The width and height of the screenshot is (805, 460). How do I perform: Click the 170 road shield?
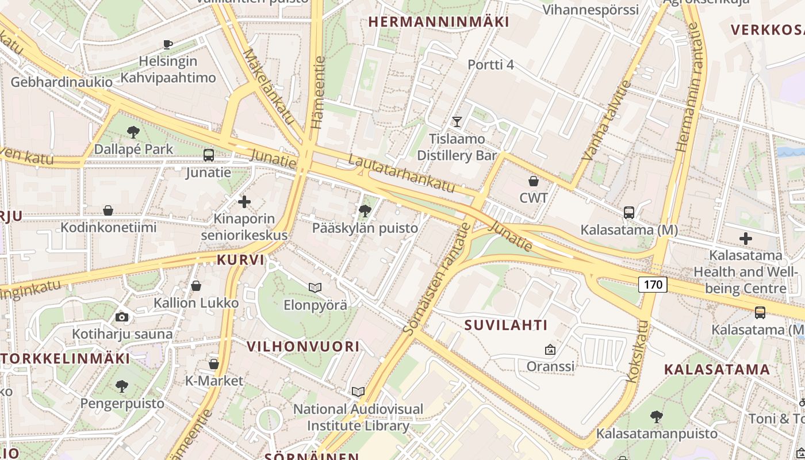653,284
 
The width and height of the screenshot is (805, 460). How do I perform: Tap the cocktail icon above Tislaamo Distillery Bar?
457,121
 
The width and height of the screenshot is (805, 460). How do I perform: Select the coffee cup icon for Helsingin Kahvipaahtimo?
168,44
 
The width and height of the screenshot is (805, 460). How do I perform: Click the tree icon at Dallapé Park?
133,132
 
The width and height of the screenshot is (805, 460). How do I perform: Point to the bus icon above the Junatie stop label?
209,155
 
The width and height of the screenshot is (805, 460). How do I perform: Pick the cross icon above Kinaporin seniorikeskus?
244,202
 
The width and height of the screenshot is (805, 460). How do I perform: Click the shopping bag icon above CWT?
534,181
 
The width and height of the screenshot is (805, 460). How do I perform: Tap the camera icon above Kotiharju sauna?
121,317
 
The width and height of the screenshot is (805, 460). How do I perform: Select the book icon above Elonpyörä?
315,287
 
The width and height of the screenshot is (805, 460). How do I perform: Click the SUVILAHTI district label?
506,325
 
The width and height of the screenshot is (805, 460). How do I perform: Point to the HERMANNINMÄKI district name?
439,22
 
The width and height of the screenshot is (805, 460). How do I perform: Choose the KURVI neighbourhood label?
240,260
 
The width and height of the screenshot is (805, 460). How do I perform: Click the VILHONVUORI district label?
303,346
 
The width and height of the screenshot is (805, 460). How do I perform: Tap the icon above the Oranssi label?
550,349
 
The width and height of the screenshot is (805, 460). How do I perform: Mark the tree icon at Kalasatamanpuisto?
657,416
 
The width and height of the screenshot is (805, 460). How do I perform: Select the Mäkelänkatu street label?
269,86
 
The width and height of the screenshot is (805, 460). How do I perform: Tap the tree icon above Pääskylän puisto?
365,211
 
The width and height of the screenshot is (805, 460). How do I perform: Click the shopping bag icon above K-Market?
214,364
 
